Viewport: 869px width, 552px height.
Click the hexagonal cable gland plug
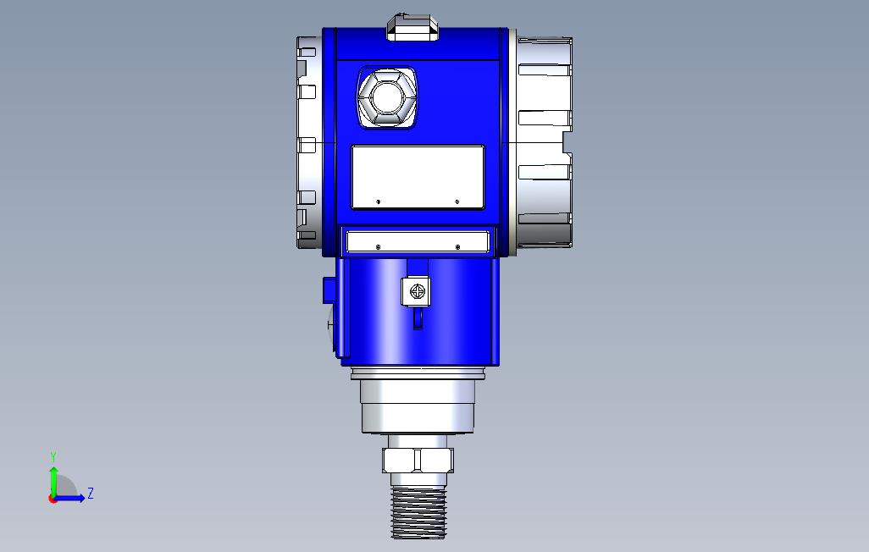(x=386, y=97)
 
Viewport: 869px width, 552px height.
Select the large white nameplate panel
(x=418, y=177)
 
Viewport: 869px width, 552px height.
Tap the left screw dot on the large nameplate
(x=379, y=201)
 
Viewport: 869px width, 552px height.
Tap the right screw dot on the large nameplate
(x=457, y=201)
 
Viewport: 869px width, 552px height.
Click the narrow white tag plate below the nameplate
(x=418, y=242)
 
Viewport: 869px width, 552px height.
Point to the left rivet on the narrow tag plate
(x=379, y=246)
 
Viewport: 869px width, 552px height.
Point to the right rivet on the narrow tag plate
(x=457, y=246)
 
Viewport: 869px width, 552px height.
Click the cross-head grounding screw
(x=417, y=290)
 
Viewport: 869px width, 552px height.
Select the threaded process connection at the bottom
(x=418, y=512)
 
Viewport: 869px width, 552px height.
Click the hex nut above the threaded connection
(x=418, y=460)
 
